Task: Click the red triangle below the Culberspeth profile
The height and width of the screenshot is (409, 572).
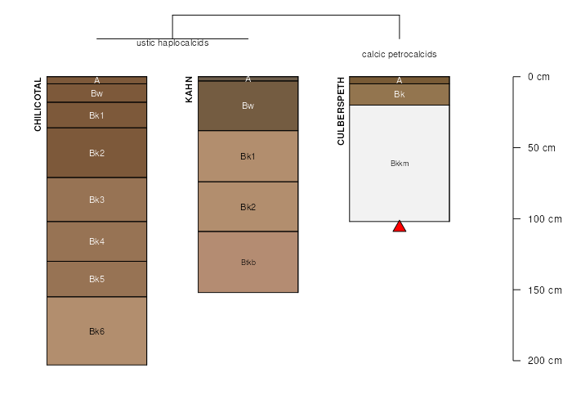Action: (400, 227)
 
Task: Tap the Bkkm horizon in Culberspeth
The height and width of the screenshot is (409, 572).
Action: (400, 164)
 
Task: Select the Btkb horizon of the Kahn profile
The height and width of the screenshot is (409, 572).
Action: (248, 262)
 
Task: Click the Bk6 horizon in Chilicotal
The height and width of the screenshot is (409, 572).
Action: (96, 330)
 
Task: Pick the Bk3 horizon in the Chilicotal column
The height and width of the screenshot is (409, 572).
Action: (96, 200)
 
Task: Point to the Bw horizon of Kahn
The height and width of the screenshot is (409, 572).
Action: (248, 106)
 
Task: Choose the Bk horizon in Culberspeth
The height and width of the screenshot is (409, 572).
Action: (400, 95)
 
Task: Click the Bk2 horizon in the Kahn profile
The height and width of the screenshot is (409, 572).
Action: (248, 207)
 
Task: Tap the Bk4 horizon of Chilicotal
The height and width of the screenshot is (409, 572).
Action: (96, 241)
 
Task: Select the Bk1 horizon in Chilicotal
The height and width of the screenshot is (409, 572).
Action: (96, 115)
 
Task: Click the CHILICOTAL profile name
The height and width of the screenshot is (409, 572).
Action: (38, 104)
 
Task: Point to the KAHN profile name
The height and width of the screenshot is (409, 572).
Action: (189, 89)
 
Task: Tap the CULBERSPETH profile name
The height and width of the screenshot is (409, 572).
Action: (341, 111)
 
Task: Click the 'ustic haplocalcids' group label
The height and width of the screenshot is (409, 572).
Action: (172, 43)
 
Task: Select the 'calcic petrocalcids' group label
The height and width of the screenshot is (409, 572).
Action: (399, 55)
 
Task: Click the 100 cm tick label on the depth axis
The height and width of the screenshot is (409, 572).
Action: (545, 219)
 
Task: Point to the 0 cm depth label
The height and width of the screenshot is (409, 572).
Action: (538, 77)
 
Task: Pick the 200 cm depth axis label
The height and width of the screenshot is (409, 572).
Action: (545, 361)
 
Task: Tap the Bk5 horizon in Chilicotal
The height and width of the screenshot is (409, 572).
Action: (96, 279)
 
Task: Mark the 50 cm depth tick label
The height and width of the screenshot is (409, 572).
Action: (541, 148)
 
